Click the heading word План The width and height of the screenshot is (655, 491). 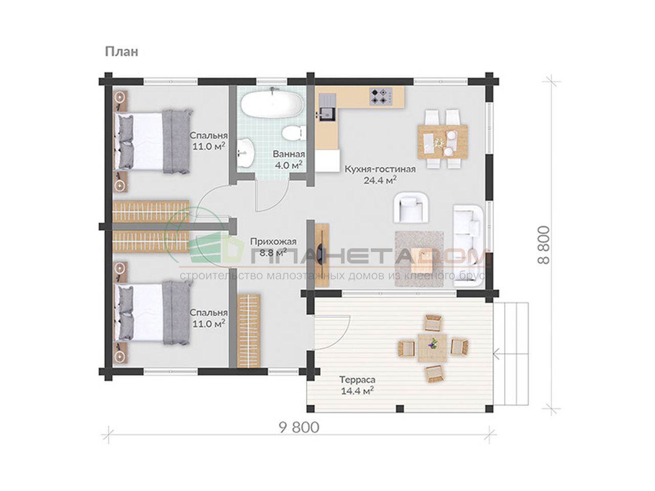(x=121, y=52)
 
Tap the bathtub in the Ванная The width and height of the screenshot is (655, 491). (x=272, y=105)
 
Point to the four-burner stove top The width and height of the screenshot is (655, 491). (x=381, y=97)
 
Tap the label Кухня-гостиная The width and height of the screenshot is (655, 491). (x=380, y=169)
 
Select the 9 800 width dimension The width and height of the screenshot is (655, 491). (x=299, y=428)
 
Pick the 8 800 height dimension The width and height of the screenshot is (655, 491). (x=543, y=245)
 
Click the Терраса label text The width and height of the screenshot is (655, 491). (x=357, y=380)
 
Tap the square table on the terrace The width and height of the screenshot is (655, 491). (x=432, y=348)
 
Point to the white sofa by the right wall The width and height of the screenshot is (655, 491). (x=468, y=246)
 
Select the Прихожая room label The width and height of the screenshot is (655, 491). (x=273, y=241)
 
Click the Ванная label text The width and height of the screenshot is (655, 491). (x=289, y=154)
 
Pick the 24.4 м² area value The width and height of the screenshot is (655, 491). (x=380, y=181)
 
